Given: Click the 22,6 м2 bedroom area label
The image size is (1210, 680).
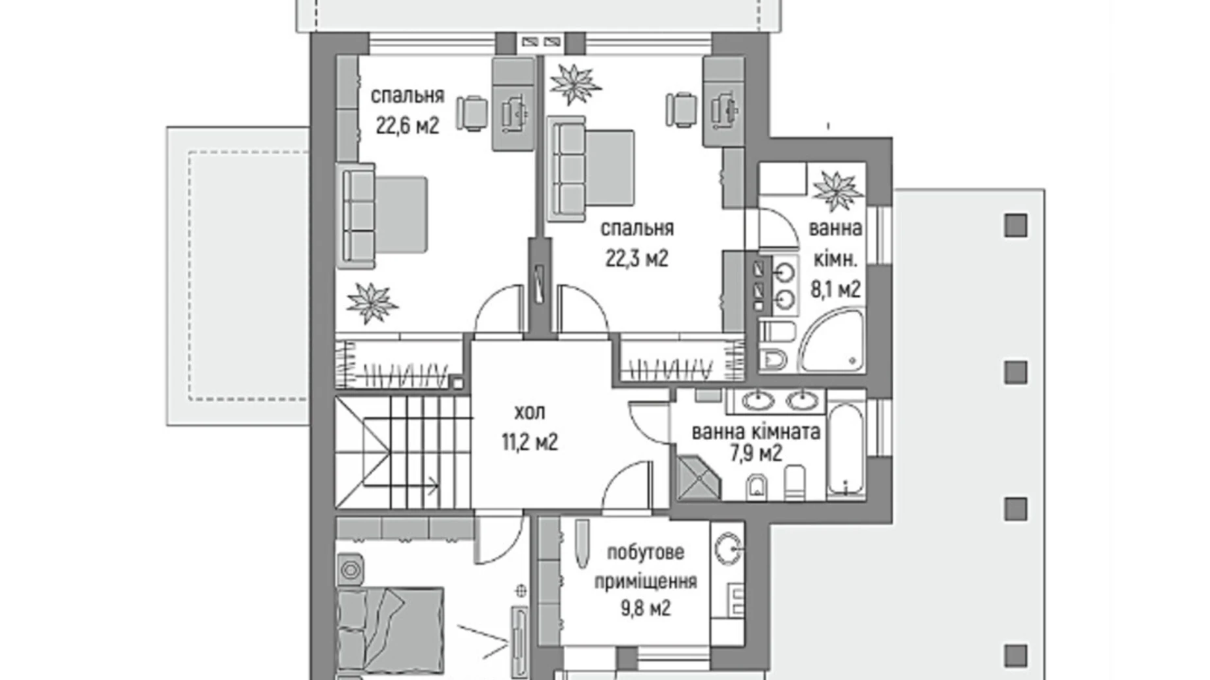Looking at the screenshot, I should click(407, 126).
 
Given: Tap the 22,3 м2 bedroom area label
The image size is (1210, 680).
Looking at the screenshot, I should click(636, 259).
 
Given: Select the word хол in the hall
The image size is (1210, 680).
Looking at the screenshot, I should click(529, 413).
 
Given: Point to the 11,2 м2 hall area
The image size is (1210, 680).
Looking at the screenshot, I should click(529, 443).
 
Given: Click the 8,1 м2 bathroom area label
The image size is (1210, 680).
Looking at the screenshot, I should click(835, 289).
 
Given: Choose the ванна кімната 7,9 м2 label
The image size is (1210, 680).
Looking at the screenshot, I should click(755, 442).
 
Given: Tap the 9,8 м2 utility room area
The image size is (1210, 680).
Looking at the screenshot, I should click(645, 609).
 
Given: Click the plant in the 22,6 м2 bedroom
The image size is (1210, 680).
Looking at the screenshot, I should click(372, 303).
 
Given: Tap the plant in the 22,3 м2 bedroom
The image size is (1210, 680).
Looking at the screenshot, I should click(574, 84).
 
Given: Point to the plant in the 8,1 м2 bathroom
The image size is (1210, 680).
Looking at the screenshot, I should click(837, 190).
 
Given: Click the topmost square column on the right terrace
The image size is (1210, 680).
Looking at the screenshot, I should click(1015, 226).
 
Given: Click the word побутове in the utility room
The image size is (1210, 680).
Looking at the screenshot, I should click(645, 552).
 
